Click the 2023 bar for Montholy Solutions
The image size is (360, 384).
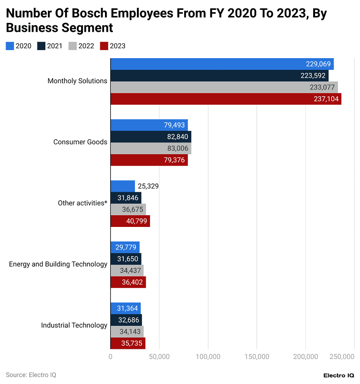pos(225,99)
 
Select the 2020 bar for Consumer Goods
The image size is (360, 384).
pos(149,125)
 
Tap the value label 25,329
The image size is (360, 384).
pos(148,186)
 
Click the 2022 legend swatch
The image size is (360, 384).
pos(73,46)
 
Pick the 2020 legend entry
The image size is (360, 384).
pos(19,46)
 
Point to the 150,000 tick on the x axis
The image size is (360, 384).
pos(256,357)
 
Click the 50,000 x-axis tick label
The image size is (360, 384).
pos(159,357)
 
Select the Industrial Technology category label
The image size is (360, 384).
pos(74,325)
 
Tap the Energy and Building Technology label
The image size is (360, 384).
pos(58,264)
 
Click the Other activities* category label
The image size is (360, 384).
pos(82,203)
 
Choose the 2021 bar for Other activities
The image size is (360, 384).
pos(126,198)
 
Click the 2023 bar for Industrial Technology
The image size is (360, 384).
pos(127,343)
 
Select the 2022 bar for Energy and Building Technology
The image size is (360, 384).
pos(127,271)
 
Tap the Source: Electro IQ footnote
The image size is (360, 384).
pos(31,375)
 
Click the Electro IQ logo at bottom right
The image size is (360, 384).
pos(339,375)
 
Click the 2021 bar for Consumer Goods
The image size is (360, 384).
pos(150,137)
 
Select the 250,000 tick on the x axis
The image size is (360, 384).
pos(342,357)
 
